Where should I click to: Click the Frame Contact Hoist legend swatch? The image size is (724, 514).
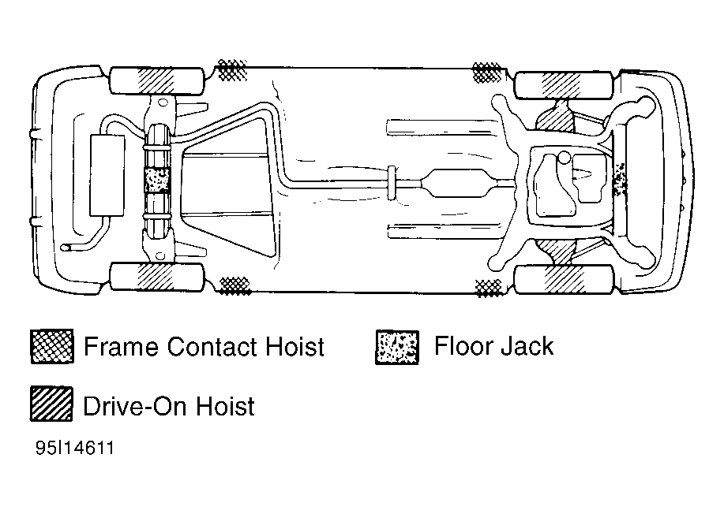tap(52, 346)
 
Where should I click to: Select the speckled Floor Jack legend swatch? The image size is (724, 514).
tap(397, 347)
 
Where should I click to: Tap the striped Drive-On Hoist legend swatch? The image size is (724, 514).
tap(52, 404)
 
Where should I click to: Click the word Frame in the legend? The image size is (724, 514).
tap(121, 347)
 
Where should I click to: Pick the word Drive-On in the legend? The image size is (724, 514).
tap(135, 406)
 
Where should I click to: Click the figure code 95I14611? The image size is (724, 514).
tap(75, 448)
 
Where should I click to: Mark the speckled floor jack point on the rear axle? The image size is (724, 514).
tap(157, 180)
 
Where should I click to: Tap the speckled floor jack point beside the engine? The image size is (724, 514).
tap(620, 179)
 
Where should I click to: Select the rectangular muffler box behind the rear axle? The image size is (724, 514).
tap(107, 175)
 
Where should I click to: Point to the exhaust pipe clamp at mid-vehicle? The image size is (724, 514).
tap(392, 183)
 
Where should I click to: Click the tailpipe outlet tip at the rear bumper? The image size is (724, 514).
tap(66, 248)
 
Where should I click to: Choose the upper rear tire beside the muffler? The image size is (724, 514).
tap(157, 81)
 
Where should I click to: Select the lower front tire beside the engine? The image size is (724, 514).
tap(565, 279)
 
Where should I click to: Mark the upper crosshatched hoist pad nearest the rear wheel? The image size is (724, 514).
tap(232, 70)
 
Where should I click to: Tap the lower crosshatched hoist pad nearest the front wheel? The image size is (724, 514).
tap(488, 288)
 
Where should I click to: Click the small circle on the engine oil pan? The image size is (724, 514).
tap(564, 158)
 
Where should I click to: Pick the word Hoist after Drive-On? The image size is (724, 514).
tap(225, 406)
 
